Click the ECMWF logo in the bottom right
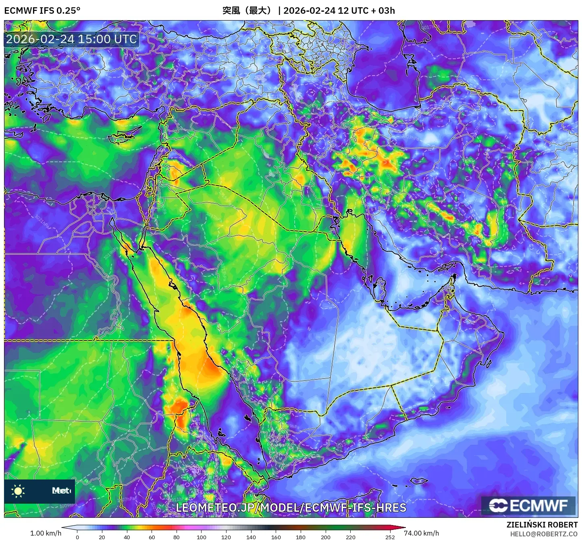(528, 505)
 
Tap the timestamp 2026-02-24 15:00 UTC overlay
(71, 39)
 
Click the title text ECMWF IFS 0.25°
(42, 10)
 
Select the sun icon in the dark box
(18, 491)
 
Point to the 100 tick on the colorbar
(201, 537)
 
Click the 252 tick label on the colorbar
(390, 537)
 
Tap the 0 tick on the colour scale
(77, 537)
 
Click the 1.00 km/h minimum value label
(46, 533)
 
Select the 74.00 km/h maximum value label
(421, 533)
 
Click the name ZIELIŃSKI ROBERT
(542, 525)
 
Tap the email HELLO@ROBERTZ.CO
(544, 534)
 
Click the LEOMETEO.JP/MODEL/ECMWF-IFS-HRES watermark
(291, 508)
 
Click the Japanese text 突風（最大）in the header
(248, 10)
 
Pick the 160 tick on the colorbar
(276, 537)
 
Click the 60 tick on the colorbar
(152, 537)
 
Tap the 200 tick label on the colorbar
(326, 537)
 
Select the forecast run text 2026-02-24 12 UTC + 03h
(339, 10)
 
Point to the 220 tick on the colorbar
(351, 537)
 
